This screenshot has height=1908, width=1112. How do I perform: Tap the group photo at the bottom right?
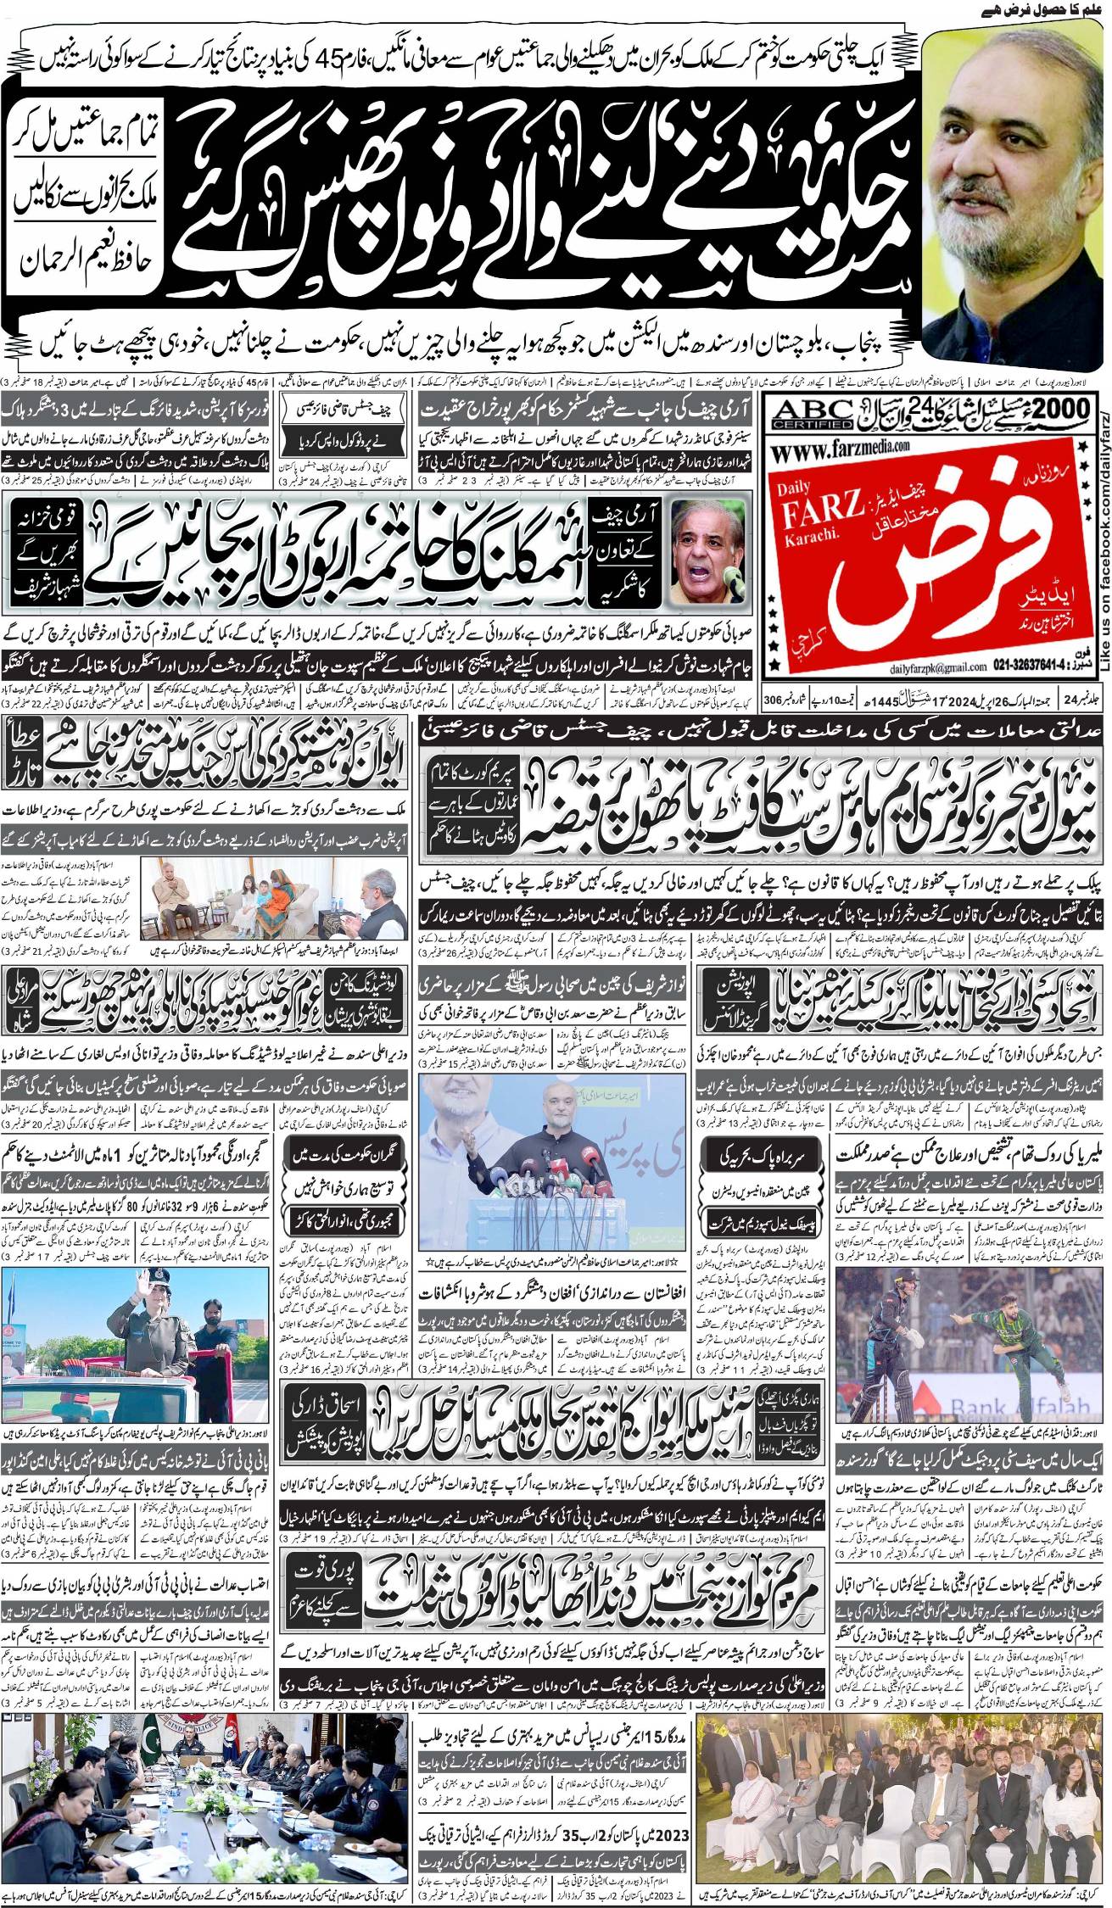point(902,1773)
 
